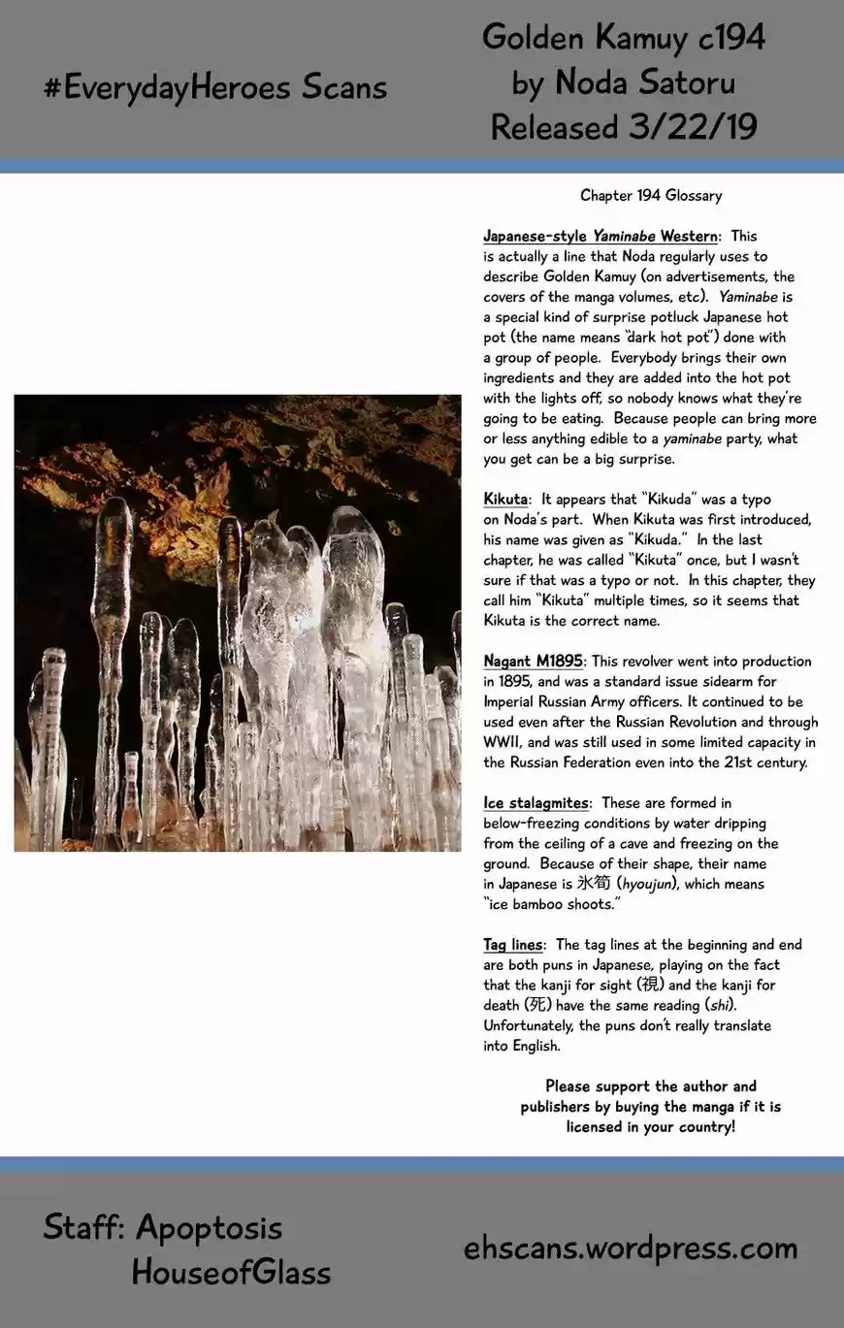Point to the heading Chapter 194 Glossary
(x=651, y=195)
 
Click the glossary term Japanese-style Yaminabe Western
(x=601, y=236)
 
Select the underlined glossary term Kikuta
(x=505, y=499)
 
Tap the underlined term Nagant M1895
(x=533, y=661)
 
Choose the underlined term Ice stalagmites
(x=536, y=802)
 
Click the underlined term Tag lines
(x=513, y=944)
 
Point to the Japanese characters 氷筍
(x=591, y=884)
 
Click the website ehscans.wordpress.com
(x=631, y=1248)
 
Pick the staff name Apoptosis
(x=209, y=1227)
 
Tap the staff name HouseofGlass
(x=231, y=1272)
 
